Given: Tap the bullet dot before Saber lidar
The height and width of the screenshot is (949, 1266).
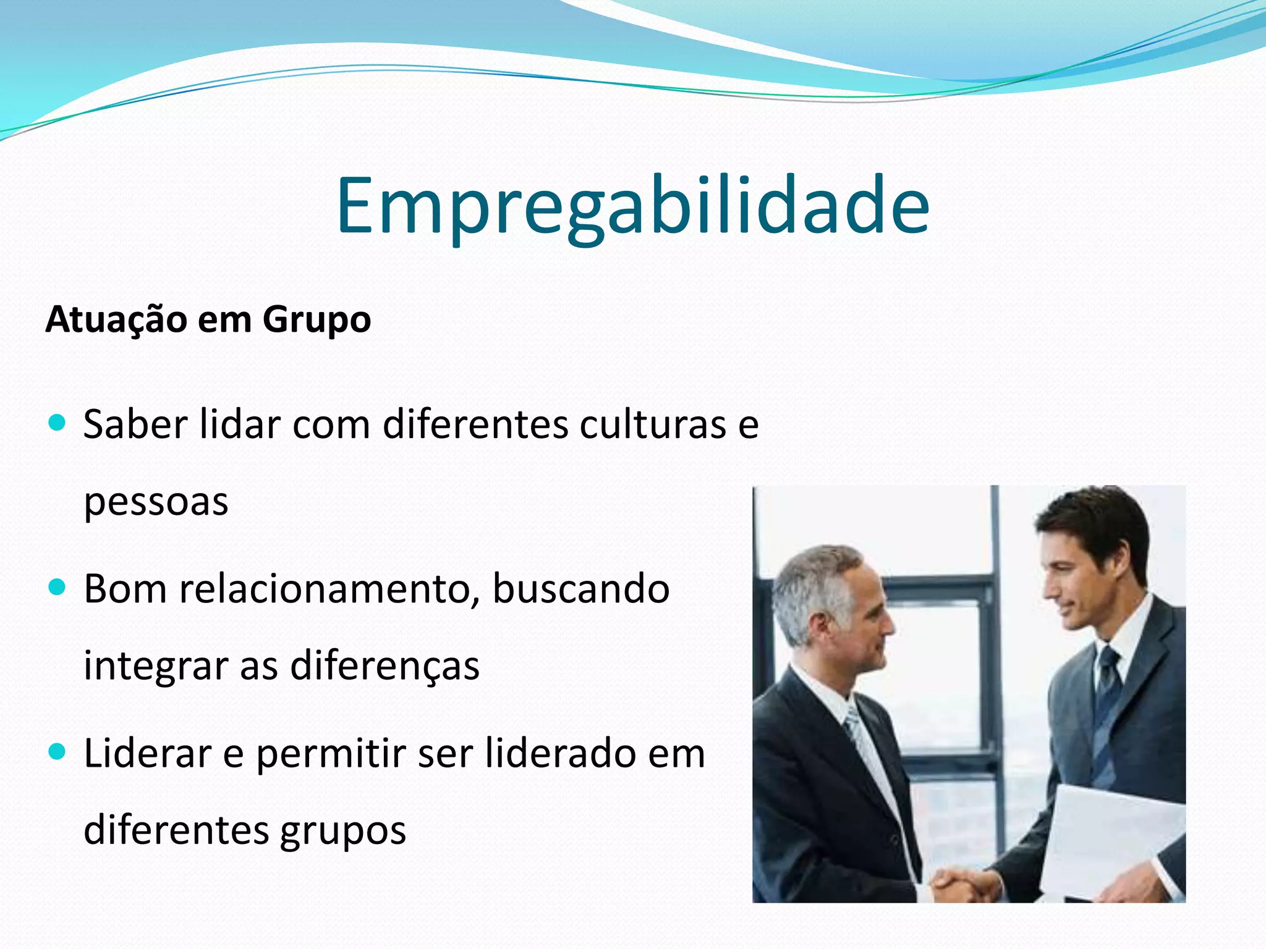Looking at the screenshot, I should click(57, 423).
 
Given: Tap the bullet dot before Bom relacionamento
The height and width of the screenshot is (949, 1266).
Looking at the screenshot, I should click(57, 588).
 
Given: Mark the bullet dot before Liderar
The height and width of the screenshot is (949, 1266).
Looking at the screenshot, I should click(57, 752).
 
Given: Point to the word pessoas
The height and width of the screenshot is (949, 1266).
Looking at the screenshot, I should click(156, 502).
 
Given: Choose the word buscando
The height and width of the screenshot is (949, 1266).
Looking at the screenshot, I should click(581, 589).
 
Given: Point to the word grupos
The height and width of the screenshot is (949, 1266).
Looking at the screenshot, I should click(343, 832).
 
